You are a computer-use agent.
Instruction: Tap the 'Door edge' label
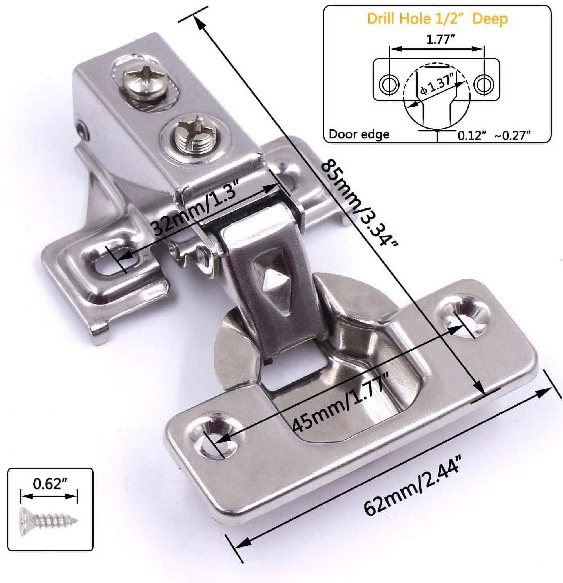359,134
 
